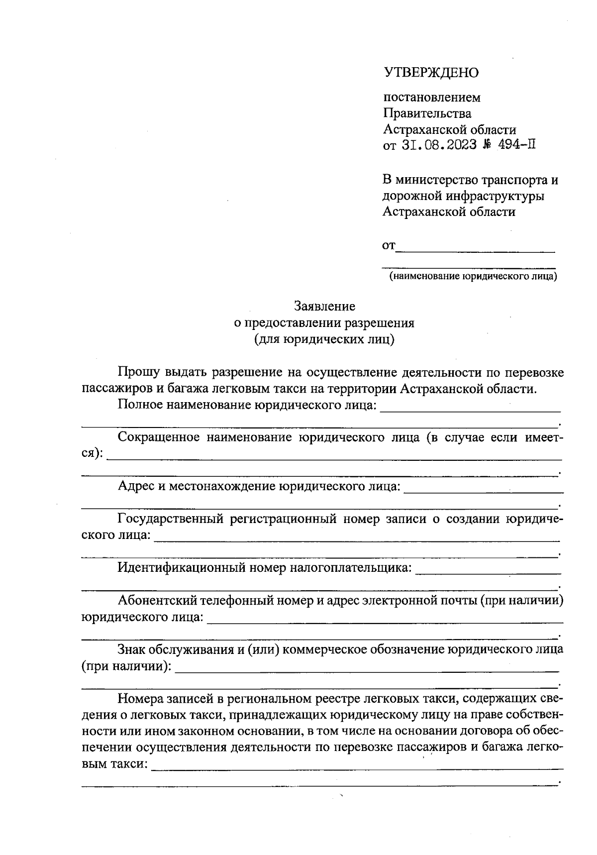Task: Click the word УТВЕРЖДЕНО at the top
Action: tap(431, 73)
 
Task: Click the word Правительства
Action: tap(427, 113)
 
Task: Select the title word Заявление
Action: tap(324, 306)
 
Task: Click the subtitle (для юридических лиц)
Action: tap(324, 339)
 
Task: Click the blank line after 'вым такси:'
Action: tap(357, 768)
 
